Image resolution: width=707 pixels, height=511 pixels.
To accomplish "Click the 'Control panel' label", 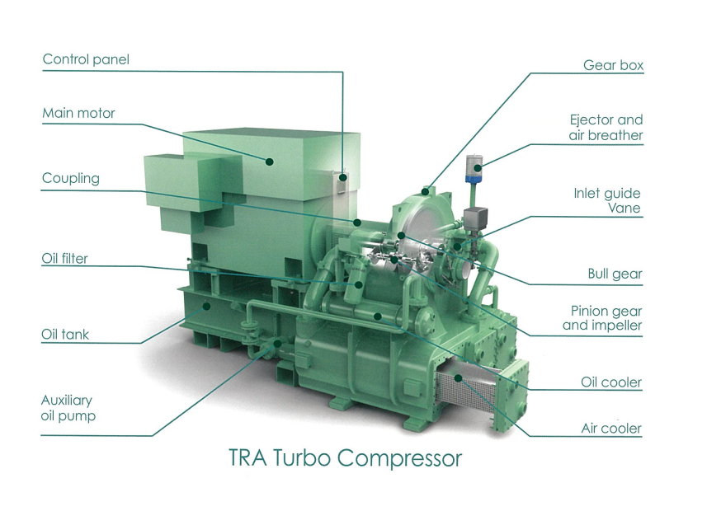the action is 86,59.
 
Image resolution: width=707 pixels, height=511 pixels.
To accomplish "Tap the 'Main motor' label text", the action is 78,113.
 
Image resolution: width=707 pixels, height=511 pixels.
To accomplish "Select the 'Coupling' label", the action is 71,179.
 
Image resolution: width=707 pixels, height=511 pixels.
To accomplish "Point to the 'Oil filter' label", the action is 64,258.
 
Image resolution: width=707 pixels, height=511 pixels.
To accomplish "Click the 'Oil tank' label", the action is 65,335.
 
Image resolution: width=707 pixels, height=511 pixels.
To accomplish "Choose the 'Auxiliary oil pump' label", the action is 68,408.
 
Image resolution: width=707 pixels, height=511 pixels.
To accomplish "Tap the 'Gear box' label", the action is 613,65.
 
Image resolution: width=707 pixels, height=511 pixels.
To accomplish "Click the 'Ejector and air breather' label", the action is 606,128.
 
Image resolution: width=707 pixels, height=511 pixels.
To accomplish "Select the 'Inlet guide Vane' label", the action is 607,200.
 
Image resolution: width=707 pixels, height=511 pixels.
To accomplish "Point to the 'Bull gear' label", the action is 615,274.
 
